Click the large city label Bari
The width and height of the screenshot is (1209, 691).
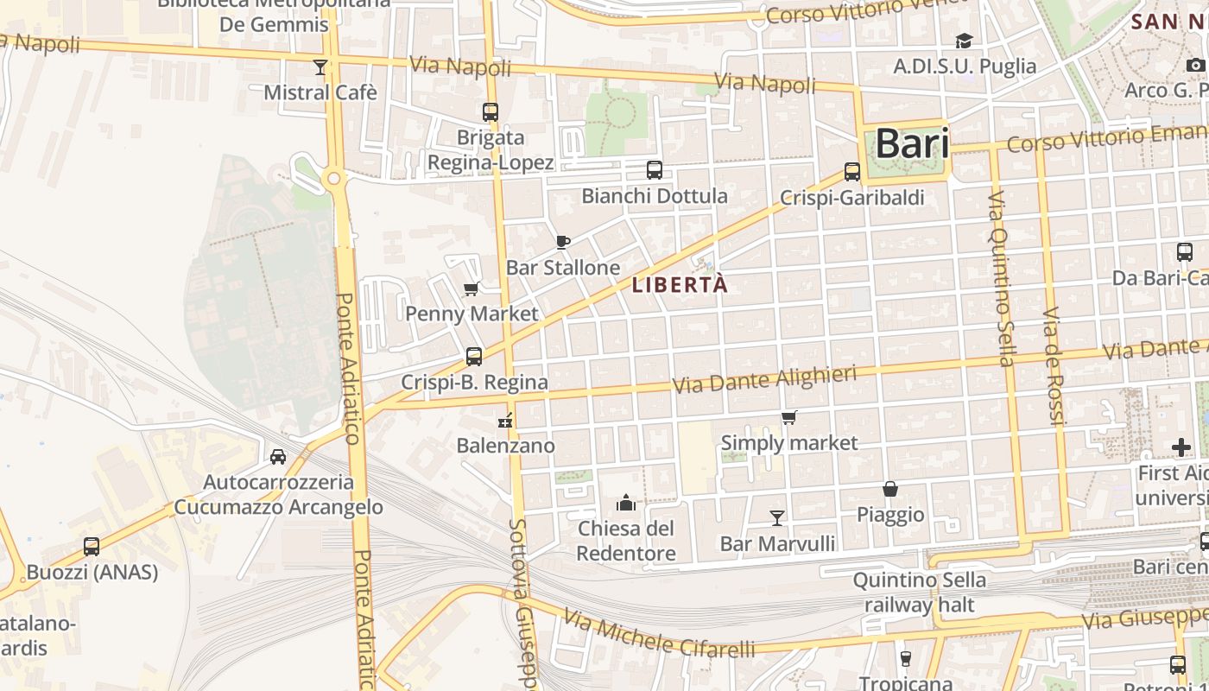coord(912,144)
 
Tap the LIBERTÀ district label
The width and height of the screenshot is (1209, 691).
coord(680,284)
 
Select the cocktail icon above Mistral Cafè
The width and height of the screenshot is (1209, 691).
coord(320,67)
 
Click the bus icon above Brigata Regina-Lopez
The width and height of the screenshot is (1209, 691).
coord(491,111)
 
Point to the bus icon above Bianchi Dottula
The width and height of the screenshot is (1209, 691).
coord(655,169)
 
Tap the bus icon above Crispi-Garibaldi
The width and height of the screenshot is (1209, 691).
coord(852,171)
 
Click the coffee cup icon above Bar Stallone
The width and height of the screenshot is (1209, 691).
coord(563,242)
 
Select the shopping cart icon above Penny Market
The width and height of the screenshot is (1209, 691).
coord(472,288)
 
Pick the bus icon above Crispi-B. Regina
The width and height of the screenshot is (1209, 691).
coord(474,356)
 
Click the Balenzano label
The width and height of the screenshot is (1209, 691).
coord(506,446)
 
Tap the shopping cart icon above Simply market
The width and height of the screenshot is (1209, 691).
coord(788,418)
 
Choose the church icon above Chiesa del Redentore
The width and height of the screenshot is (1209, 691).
coord(626,503)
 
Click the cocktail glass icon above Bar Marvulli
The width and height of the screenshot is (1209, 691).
coord(777,517)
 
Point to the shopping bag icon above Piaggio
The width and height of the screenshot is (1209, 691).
coord(890,489)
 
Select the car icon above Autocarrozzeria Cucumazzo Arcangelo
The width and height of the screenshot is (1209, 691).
coord(278,456)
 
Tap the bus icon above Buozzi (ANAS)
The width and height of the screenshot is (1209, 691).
coord(92,546)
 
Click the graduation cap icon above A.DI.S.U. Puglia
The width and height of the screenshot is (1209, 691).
coord(964,41)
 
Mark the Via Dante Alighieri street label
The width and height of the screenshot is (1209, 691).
coord(764,378)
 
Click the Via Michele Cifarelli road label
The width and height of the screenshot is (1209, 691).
coord(660,633)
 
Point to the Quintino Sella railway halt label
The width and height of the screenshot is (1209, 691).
coord(919,592)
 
